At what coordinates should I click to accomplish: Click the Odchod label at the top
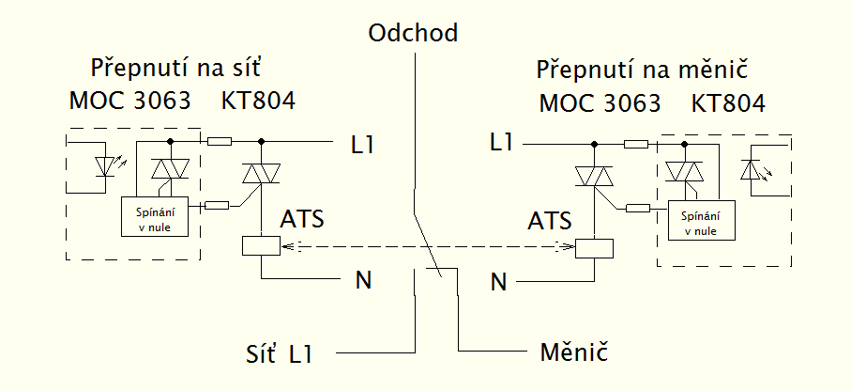[x=414, y=34]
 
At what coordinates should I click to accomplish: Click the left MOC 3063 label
[x=129, y=101]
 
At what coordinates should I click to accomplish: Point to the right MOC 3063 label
[x=600, y=102]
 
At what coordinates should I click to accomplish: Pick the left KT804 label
[x=258, y=101]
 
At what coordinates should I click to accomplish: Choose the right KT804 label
[x=728, y=102]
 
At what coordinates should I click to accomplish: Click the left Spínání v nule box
[x=155, y=217]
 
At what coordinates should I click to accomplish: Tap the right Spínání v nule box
[x=702, y=221]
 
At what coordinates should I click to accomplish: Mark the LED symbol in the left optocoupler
[x=106, y=165]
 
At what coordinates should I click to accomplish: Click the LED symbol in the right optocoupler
[x=752, y=170]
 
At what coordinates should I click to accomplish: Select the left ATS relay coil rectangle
[x=260, y=246]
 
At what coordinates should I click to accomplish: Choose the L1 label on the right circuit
[x=503, y=143]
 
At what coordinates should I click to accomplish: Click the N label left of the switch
[x=361, y=279]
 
